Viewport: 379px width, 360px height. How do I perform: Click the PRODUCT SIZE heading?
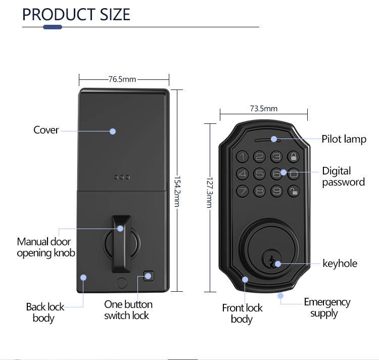pyautogui.click(x=76, y=15)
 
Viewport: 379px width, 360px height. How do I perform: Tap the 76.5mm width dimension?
pyautogui.click(x=122, y=79)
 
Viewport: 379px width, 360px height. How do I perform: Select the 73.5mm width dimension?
pyautogui.click(x=263, y=108)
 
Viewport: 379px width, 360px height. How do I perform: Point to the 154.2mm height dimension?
pyautogui.click(x=177, y=191)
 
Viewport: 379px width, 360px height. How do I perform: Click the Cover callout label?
pyautogui.click(x=46, y=130)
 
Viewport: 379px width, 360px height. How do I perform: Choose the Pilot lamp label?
pyautogui.click(x=344, y=139)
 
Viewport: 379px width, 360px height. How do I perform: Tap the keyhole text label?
pyautogui.click(x=340, y=263)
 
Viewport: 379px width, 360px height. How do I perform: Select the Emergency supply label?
pyautogui.click(x=326, y=307)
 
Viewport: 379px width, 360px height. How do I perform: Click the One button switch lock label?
pyautogui.click(x=128, y=309)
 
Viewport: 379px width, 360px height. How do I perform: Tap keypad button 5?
pyautogui.click(x=260, y=173)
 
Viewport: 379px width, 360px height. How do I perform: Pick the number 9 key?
pyautogui.click(x=276, y=191)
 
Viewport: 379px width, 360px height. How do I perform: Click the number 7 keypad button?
pyautogui.click(x=243, y=191)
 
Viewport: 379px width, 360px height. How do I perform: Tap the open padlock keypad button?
pyautogui.click(x=293, y=191)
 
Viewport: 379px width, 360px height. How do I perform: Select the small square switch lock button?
pyautogui.click(x=148, y=276)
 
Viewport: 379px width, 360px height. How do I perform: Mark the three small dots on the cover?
pyautogui.click(x=122, y=177)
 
